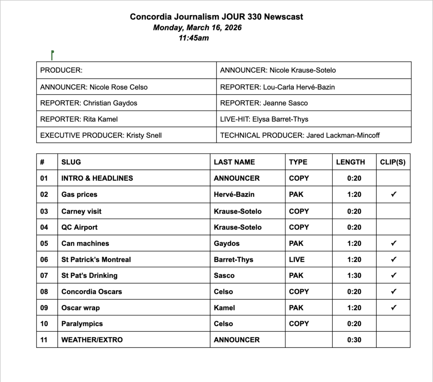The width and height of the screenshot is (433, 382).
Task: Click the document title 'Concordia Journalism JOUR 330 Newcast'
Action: (x=216, y=17)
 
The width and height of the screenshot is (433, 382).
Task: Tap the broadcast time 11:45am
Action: (x=194, y=38)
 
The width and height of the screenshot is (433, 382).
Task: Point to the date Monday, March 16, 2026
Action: (x=197, y=28)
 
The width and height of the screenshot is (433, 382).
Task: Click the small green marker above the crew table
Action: (x=52, y=54)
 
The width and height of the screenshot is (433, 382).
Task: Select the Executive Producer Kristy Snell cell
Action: (x=101, y=135)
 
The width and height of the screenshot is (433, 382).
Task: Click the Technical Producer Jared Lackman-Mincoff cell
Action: (x=300, y=135)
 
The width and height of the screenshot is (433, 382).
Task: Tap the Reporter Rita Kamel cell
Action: (x=79, y=119)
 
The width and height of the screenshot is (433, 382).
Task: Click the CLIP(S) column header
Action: (x=393, y=162)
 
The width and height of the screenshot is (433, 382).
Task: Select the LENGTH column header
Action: (x=351, y=162)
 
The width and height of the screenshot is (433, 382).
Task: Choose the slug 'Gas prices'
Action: (x=79, y=195)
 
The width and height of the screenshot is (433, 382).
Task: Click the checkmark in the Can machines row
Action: (x=394, y=243)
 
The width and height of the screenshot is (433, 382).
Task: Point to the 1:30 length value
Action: (x=354, y=275)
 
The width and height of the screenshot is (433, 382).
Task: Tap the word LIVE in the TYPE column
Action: (x=297, y=259)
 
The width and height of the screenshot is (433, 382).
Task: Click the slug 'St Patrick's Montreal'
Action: (x=96, y=259)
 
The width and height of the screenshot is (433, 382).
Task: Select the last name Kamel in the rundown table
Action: (x=224, y=308)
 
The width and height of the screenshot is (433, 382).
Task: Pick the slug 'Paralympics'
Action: (x=82, y=324)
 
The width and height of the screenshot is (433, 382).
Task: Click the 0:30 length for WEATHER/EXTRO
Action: (x=354, y=340)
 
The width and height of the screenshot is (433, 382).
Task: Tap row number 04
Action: (x=44, y=227)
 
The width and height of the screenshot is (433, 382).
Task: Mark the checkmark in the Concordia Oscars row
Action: (x=394, y=291)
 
